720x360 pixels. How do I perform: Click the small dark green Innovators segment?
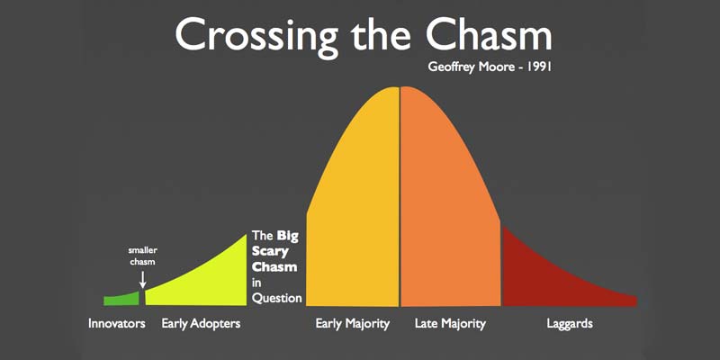(x=121, y=298)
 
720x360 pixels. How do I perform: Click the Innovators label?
(x=117, y=323)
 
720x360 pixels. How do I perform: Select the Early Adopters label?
(x=201, y=323)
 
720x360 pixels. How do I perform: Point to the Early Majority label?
(x=353, y=323)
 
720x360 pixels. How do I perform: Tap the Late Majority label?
(x=450, y=323)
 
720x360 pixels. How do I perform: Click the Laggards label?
(x=570, y=323)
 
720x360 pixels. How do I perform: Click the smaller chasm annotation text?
(x=140, y=256)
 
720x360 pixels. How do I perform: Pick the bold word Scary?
(x=271, y=253)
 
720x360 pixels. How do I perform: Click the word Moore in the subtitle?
(x=504, y=67)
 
